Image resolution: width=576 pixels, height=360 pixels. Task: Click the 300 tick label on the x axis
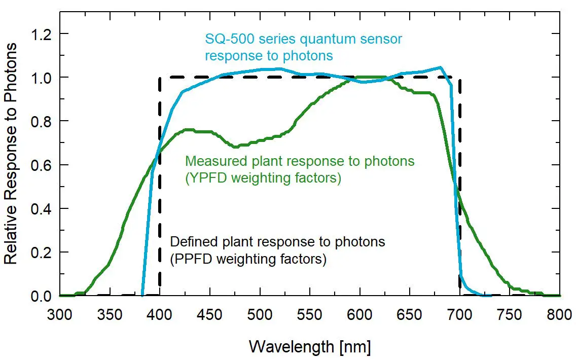tap(60, 315)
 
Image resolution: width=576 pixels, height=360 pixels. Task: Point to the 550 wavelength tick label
tap(310, 315)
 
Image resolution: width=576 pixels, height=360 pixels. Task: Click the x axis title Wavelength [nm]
tap(310, 347)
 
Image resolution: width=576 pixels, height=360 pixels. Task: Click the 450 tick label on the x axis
tap(210, 315)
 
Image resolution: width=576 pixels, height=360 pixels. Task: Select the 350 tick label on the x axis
tap(110, 315)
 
